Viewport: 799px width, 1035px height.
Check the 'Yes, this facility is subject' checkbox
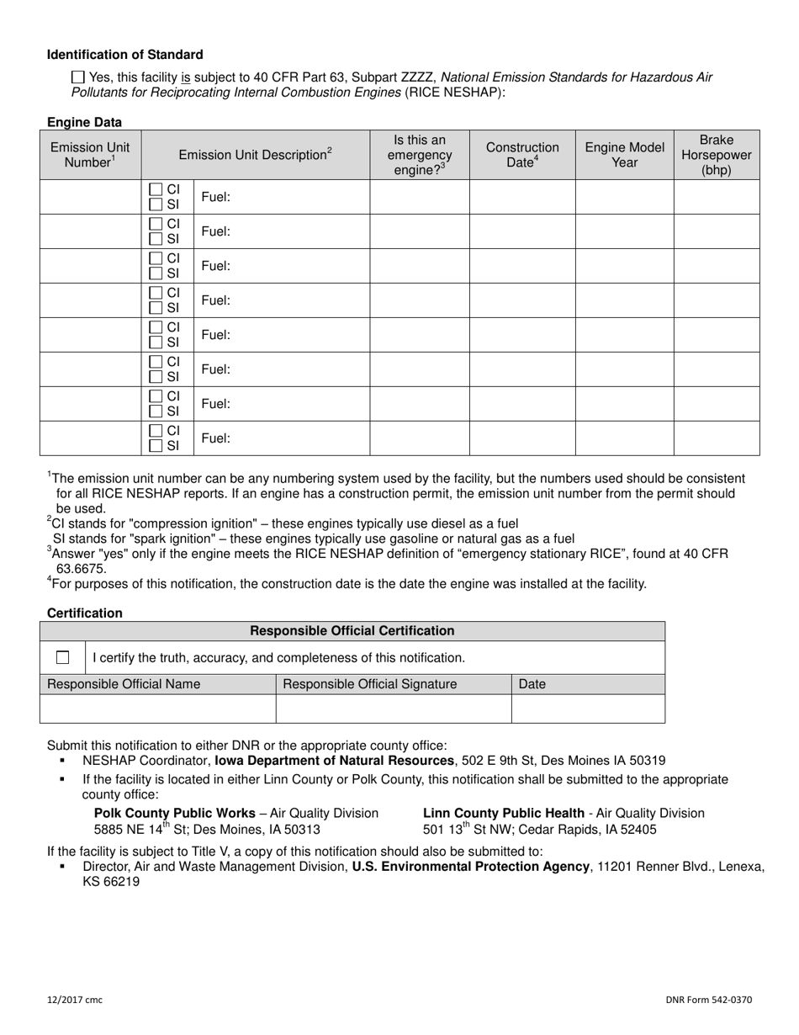(78, 77)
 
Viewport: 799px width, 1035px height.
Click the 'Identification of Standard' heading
(124, 55)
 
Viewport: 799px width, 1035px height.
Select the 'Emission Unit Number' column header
(90, 155)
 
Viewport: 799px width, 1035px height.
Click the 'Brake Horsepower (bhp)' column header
(716, 155)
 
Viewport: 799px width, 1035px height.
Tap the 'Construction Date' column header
(521, 155)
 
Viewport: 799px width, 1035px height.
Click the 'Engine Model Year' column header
(624, 155)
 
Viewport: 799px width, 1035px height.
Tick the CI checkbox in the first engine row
(156, 190)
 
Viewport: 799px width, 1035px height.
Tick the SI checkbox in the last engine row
(156, 446)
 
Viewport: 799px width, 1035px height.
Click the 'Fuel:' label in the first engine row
(215, 197)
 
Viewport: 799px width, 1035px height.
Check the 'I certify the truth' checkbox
(62, 657)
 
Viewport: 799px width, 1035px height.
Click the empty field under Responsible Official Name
(157, 709)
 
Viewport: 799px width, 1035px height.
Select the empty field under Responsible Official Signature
(393, 709)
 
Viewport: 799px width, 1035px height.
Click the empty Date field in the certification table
(587, 709)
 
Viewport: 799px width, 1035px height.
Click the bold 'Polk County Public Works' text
(175, 813)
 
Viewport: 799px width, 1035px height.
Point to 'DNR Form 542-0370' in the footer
(708, 1000)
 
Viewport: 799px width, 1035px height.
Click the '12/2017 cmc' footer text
(75, 1000)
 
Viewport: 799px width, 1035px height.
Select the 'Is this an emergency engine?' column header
(419, 155)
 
